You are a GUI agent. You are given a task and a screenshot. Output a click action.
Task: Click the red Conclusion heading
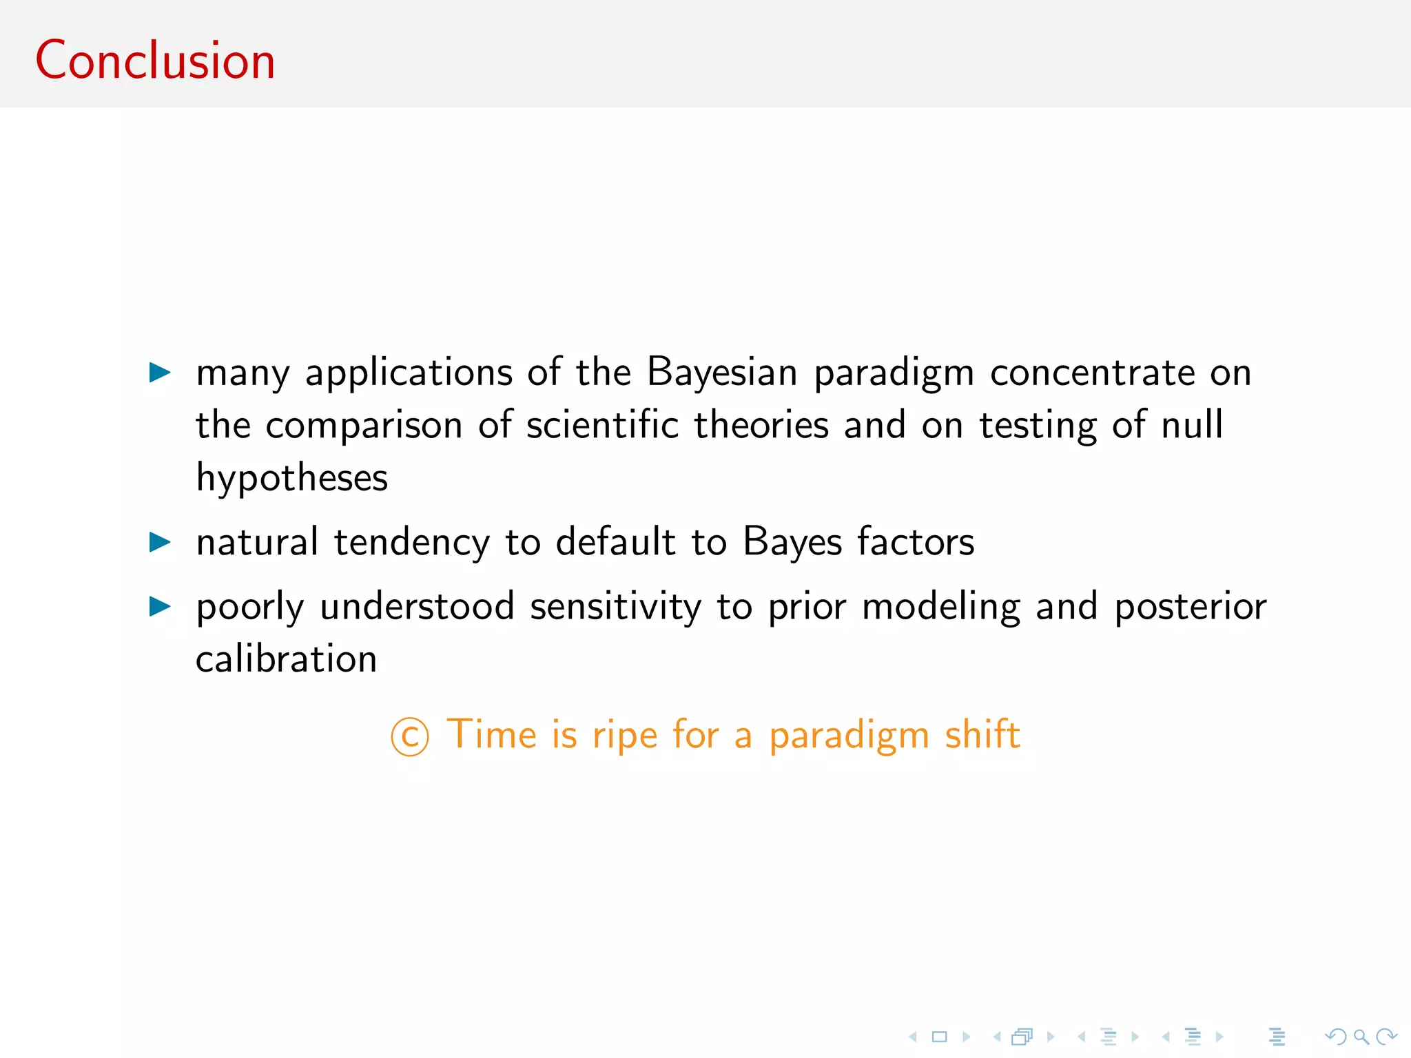[x=155, y=61]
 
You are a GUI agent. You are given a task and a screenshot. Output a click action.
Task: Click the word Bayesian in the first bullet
[x=721, y=373]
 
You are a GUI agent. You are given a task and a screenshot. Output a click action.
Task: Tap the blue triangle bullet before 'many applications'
[x=160, y=373]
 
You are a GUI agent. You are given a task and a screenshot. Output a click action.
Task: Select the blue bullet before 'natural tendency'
[x=160, y=542]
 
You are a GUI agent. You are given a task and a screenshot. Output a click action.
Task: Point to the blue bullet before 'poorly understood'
[x=160, y=607]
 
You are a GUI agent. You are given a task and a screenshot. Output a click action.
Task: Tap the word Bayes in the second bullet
[x=792, y=542]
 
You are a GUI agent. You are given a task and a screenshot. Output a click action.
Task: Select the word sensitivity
[x=615, y=607]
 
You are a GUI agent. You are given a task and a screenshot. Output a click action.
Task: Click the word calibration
[x=286, y=659]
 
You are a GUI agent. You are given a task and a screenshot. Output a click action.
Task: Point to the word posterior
[x=1190, y=607]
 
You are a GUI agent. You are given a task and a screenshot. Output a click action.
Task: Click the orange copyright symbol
[x=410, y=736]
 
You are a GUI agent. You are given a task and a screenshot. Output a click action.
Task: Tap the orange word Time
[x=491, y=734]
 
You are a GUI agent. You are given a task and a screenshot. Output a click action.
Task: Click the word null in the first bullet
[x=1192, y=425]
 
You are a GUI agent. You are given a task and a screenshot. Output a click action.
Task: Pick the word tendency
[x=411, y=542]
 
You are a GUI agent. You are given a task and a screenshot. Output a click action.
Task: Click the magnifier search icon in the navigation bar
[x=1361, y=1037]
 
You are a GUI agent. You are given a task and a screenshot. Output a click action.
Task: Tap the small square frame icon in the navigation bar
[x=940, y=1037]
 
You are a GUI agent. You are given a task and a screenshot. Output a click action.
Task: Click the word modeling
[x=941, y=607]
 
